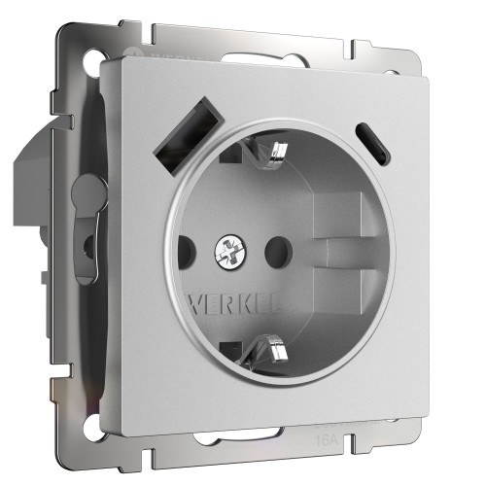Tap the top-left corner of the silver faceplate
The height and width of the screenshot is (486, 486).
106,60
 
